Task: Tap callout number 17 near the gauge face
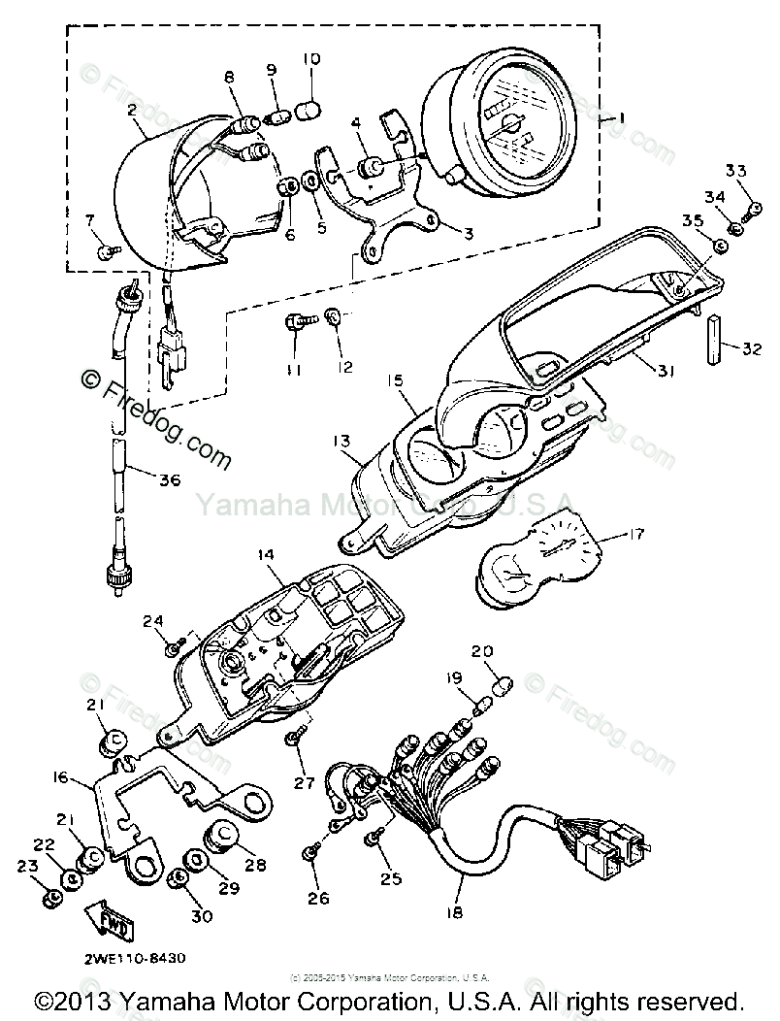(634, 532)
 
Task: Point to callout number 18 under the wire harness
(454, 912)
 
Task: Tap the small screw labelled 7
(108, 250)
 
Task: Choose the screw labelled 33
(751, 207)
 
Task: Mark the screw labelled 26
(311, 851)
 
